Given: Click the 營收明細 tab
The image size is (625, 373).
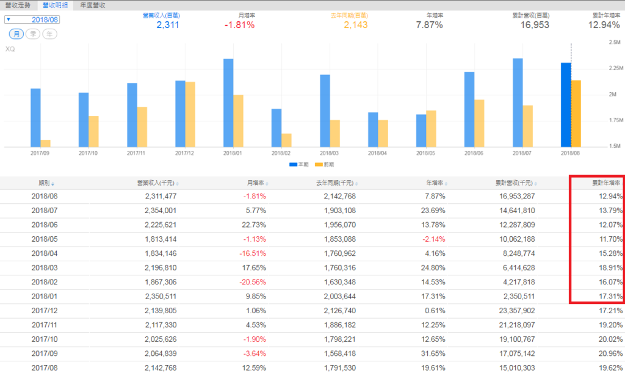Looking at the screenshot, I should (x=55, y=5).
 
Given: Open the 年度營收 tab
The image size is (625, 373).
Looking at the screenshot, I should (x=93, y=5).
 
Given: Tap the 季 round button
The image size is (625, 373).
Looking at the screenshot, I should (x=33, y=34).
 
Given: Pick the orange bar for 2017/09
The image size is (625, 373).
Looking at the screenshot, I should (x=45, y=143).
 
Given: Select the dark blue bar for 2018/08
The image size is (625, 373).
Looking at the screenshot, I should (x=566, y=104).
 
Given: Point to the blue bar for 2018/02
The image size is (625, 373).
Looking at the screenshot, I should (x=276, y=128).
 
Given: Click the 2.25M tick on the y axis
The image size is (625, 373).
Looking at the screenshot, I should (x=613, y=68).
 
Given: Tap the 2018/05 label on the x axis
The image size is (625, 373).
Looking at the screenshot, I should (x=425, y=153).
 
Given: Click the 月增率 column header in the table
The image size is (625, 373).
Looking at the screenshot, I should (x=255, y=183).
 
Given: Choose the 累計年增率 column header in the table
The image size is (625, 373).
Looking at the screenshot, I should (x=605, y=183).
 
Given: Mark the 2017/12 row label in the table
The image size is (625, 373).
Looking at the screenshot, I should (x=43, y=311).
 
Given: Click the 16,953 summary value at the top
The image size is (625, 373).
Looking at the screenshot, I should (x=535, y=26).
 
